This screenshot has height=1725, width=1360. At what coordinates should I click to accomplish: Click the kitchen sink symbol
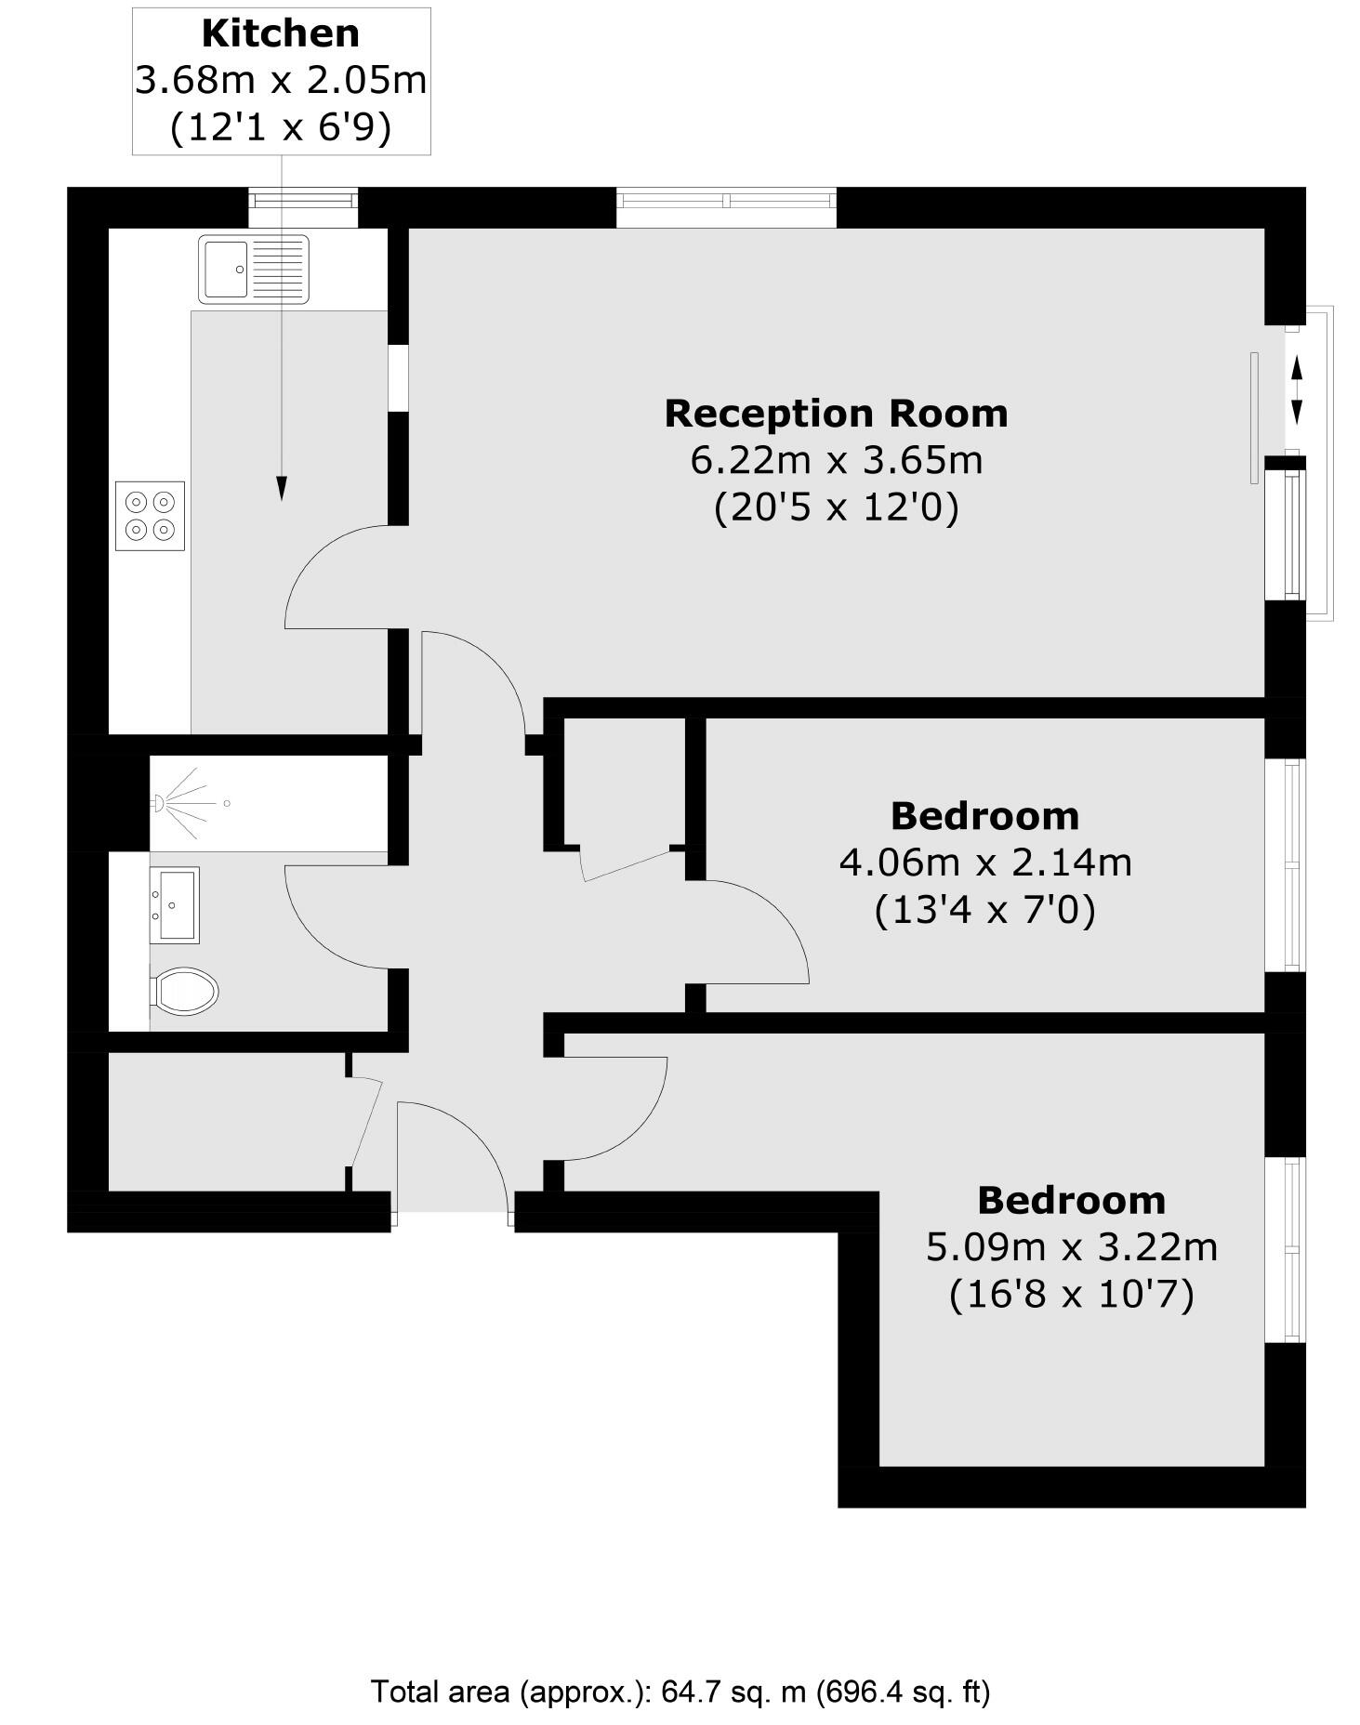point(253,269)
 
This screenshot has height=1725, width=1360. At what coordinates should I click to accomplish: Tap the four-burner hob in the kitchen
point(150,516)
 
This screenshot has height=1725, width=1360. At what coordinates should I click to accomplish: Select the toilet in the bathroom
point(185,991)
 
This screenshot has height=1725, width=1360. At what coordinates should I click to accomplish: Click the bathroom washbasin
point(175,904)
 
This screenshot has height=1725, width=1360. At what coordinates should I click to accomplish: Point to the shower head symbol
point(159,802)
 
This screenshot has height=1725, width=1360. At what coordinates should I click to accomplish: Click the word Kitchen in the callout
point(280,33)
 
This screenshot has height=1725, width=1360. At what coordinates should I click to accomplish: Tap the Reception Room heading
point(836,414)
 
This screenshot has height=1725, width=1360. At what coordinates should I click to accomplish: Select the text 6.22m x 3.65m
point(836,460)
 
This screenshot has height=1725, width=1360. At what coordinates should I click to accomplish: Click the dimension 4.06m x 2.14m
point(985,862)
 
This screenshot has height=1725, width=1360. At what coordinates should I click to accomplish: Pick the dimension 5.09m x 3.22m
point(1071,1246)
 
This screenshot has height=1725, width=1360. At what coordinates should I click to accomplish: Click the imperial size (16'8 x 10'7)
point(1071,1294)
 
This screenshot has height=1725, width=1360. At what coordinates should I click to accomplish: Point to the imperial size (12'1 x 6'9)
point(280,127)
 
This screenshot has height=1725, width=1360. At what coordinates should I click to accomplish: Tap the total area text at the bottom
point(680,1691)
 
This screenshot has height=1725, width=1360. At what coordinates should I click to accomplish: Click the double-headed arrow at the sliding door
point(1296,391)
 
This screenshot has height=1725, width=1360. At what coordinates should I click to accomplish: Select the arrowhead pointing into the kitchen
point(282,489)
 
